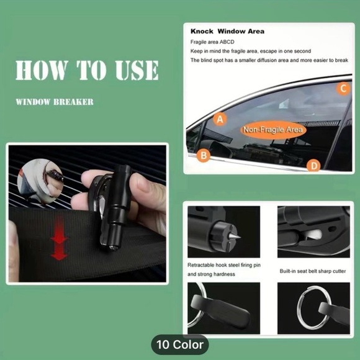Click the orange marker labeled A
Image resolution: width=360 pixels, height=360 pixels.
point(220,119)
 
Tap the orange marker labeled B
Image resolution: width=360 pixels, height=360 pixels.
point(204,155)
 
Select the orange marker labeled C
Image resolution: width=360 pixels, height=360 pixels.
point(343,88)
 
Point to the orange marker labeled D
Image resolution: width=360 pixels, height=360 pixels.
point(314,166)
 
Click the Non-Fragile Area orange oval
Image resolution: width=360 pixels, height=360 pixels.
point(272,130)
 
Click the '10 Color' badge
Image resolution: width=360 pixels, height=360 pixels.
point(180,344)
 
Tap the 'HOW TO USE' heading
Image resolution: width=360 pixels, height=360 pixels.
point(87,70)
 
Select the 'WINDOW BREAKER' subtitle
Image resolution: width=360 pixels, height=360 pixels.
point(55,102)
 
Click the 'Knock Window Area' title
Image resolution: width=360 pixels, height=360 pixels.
point(227,31)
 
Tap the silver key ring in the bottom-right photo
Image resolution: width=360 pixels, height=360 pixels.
point(299,308)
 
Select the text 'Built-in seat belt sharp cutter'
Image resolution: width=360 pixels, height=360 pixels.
point(313,271)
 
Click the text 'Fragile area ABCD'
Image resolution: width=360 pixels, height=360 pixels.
point(212,42)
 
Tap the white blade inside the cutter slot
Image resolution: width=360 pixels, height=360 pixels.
point(314,235)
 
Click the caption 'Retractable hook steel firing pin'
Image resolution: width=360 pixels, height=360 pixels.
point(224,265)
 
